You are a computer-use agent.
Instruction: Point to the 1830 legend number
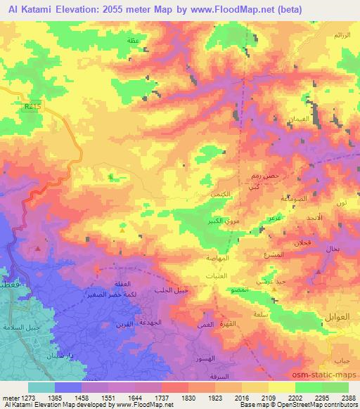[x=188, y=396]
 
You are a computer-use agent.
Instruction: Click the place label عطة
[x=131, y=41]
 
